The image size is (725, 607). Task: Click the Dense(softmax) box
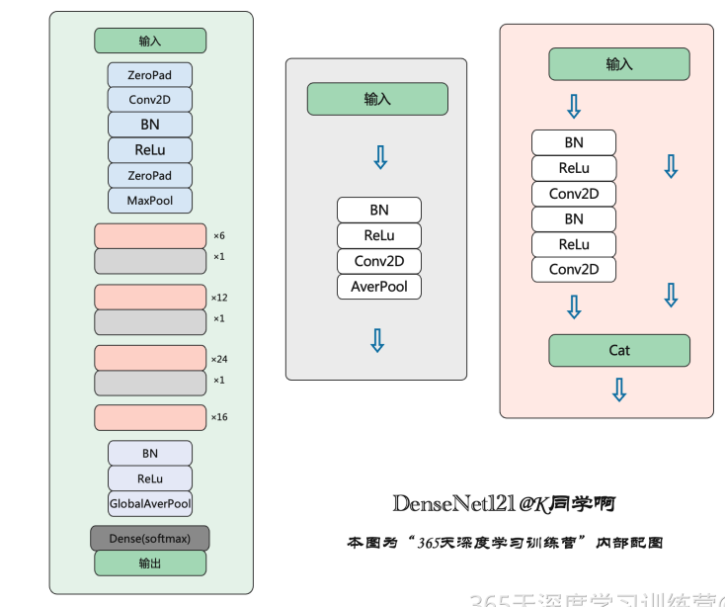[150, 538]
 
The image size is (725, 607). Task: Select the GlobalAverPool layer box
[150, 503]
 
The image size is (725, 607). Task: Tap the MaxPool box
[150, 201]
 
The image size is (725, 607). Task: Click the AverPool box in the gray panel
[378, 287]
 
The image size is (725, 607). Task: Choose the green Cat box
[619, 350]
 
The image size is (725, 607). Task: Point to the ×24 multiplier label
[219, 359]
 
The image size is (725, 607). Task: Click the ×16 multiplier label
[219, 417]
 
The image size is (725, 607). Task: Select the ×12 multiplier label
[219, 298]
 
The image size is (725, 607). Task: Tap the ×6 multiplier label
[219, 236]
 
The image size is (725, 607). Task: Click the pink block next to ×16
[150, 417]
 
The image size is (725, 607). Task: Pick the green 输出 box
[150, 563]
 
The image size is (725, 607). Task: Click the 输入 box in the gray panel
[377, 99]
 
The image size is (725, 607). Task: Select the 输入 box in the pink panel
[619, 64]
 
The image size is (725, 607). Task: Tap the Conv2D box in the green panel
[150, 100]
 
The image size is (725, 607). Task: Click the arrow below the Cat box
[619, 390]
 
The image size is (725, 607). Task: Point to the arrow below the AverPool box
[377, 341]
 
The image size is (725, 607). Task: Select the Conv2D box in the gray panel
[378, 261]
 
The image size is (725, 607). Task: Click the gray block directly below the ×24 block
[150, 383]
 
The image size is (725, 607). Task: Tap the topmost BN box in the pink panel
[574, 142]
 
